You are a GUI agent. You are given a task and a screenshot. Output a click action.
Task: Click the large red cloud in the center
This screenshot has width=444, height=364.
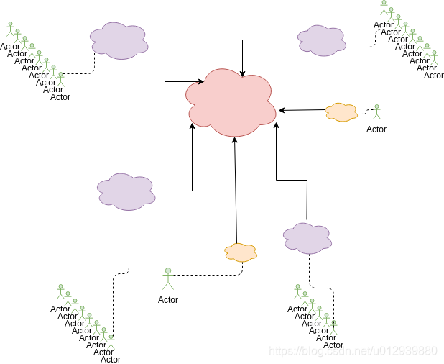point(231,102)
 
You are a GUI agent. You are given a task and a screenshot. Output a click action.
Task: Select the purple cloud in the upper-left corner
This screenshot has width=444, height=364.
point(119,40)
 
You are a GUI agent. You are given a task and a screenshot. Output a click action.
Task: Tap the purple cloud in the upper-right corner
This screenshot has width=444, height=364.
point(321,40)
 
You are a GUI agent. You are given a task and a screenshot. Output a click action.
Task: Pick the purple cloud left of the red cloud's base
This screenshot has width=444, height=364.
point(126,191)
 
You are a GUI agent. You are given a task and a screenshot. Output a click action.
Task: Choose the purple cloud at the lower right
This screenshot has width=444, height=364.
point(307,237)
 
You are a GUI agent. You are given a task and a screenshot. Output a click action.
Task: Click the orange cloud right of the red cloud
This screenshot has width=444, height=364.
point(341,112)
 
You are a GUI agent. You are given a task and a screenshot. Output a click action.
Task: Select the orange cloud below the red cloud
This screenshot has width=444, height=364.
point(241,252)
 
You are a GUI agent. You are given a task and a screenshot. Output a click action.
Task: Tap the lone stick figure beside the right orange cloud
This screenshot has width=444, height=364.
point(376,112)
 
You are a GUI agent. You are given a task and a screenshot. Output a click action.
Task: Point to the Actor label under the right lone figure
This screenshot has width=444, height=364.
point(376,129)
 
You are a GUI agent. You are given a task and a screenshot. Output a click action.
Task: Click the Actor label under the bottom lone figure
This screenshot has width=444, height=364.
point(168,300)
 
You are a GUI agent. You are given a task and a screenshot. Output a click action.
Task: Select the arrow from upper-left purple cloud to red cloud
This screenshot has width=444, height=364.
point(166,61)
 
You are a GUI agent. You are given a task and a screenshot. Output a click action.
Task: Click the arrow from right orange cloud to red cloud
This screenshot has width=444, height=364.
point(302,110)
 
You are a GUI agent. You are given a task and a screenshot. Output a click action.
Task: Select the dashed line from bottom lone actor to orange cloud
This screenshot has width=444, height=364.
point(208,274)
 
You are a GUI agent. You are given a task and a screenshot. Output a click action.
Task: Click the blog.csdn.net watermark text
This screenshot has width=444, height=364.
point(352,351)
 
